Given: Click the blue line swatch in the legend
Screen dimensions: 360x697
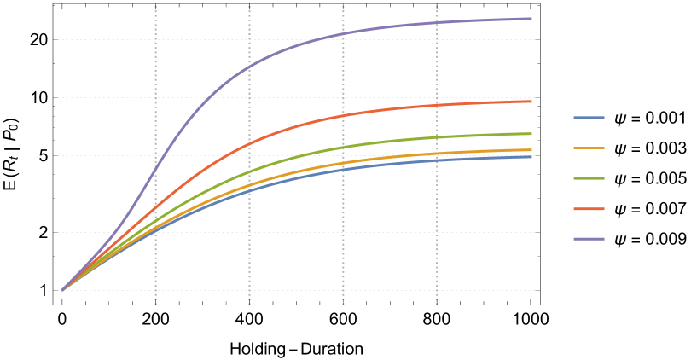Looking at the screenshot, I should [x=589, y=118].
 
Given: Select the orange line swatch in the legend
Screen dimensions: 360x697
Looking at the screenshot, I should [x=589, y=148].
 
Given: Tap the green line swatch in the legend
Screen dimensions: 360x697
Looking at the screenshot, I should [x=589, y=178].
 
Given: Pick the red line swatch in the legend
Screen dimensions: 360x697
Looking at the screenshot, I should [x=589, y=209].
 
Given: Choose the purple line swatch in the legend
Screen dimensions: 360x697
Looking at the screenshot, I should [x=589, y=239].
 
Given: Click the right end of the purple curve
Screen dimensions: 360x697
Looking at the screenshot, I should [x=531, y=18].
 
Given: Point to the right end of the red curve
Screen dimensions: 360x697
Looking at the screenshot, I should [x=531, y=102].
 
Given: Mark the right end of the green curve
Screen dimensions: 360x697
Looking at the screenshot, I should [x=531, y=133].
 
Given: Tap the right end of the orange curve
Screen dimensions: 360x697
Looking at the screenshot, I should [x=531, y=149].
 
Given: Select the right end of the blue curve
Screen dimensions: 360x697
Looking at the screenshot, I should [x=531, y=156].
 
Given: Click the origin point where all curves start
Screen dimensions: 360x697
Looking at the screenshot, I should [x=61, y=290].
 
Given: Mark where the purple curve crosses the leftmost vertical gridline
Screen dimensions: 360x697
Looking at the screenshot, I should [x=155, y=170].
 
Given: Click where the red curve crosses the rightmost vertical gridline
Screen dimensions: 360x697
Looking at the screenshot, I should [x=437, y=105].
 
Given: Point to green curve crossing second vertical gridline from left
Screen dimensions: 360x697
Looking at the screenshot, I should [x=249, y=171].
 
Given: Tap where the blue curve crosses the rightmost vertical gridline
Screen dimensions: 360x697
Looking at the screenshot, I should [x=437, y=160].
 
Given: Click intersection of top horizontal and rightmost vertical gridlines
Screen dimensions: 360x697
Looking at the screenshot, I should [x=437, y=39].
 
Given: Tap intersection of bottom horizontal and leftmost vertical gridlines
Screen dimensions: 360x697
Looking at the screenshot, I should [x=155, y=290].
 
